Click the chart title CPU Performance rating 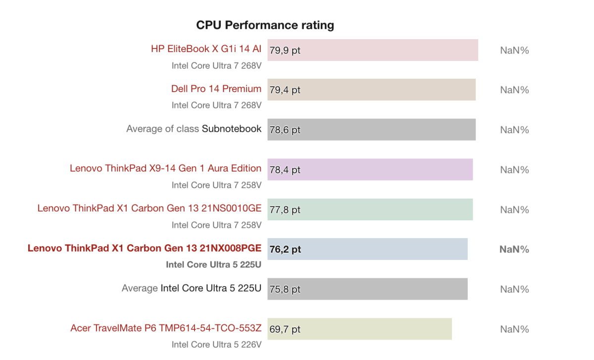point(265,25)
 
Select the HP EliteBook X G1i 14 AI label point(206,49)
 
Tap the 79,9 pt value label point(285,50)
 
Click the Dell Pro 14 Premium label point(216,89)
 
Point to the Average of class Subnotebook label point(194,129)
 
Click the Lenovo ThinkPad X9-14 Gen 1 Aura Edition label point(165,168)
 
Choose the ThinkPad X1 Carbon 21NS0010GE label point(149,208)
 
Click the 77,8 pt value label point(285,210)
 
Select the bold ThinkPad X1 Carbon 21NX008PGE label point(145,248)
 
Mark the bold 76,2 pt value point(285,250)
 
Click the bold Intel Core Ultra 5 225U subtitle point(213,264)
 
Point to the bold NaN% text point(514,250)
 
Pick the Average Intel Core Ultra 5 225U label point(192,288)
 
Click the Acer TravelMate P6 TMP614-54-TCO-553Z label point(166,328)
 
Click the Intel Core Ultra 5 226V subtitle point(216,344)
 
